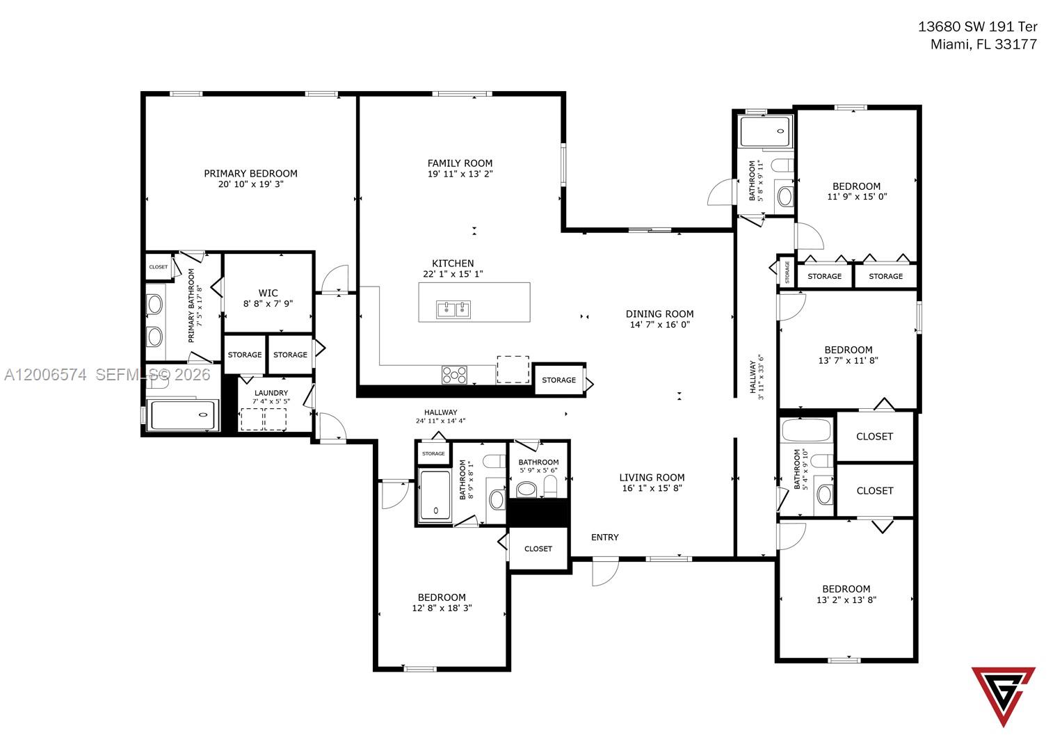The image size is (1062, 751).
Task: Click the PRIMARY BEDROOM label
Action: tap(250, 174)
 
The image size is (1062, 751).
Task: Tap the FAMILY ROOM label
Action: tap(460, 163)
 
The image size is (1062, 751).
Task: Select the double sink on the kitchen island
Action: tap(453, 308)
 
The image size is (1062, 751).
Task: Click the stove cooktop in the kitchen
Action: tap(454, 375)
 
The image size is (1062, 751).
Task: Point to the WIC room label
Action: tap(268, 293)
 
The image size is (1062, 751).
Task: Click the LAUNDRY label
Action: tap(271, 393)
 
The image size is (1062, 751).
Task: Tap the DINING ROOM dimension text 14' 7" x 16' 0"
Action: tap(659, 325)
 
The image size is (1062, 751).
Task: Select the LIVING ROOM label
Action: tap(652, 477)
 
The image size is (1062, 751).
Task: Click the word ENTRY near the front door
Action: tap(604, 537)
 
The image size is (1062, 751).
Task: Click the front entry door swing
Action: tap(604, 572)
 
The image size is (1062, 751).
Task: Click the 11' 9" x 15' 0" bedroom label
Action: tap(856, 186)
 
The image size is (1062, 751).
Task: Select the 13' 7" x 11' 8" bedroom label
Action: tap(848, 350)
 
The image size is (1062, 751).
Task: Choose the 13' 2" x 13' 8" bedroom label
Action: tap(846, 589)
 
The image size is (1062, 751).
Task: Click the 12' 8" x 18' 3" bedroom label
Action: tap(442, 597)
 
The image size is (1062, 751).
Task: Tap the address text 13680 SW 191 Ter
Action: tap(977, 27)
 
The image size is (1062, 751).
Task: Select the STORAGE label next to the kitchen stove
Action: tap(558, 380)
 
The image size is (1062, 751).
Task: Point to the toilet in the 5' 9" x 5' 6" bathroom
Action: tap(551, 487)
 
